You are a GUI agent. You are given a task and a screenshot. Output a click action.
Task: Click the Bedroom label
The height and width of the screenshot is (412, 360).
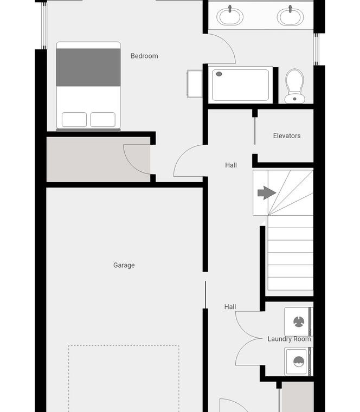click(x=144, y=56)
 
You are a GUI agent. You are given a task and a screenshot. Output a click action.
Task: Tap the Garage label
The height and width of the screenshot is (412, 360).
click(x=124, y=265)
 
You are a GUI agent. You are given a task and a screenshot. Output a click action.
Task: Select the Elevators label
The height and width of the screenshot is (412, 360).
click(x=287, y=136)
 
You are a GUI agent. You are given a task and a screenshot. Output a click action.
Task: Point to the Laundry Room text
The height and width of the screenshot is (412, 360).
click(x=289, y=339)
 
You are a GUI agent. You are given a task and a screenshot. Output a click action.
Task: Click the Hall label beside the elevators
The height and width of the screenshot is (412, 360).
click(x=231, y=165)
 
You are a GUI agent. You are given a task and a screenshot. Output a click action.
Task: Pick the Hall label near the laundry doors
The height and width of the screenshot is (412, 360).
click(x=230, y=307)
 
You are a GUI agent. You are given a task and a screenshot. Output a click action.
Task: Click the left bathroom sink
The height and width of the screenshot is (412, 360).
click(x=230, y=16)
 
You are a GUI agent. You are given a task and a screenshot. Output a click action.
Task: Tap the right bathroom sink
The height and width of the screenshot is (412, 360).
click(x=290, y=16)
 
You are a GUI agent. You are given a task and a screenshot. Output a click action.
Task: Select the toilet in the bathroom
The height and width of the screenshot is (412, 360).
click(x=294, y=86)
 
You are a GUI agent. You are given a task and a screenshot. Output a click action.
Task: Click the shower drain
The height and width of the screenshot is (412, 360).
click(x=219, y=74)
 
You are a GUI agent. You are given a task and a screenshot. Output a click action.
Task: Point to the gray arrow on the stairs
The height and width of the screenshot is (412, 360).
click(x=267, y=193)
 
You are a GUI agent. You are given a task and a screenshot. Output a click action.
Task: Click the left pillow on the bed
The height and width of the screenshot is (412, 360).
click(x=74, y=120)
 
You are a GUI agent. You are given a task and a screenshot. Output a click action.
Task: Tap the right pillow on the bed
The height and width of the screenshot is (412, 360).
click(x=103, y=120)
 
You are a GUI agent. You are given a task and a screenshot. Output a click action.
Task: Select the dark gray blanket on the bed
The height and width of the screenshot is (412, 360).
click(x=88, y=67)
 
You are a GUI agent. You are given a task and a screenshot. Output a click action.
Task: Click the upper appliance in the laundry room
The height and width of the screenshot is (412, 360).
click(x=299, y=321)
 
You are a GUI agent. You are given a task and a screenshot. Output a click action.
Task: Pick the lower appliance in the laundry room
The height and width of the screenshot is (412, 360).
click(x=299, y=362)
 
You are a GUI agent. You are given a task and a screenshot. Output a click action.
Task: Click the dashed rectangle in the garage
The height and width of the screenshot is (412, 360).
click(x=124, y=346)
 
